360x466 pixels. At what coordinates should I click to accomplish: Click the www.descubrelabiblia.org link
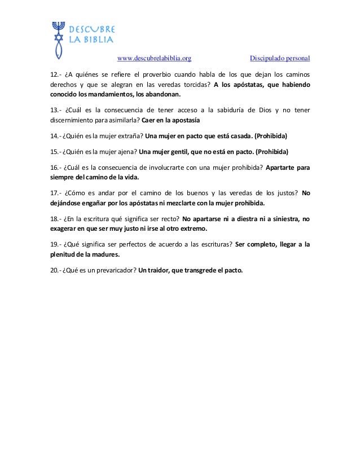pos(153,58)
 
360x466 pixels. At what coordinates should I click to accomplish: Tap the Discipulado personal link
pos(280,58)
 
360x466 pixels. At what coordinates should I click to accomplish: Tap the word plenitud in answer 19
pos(59,254)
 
